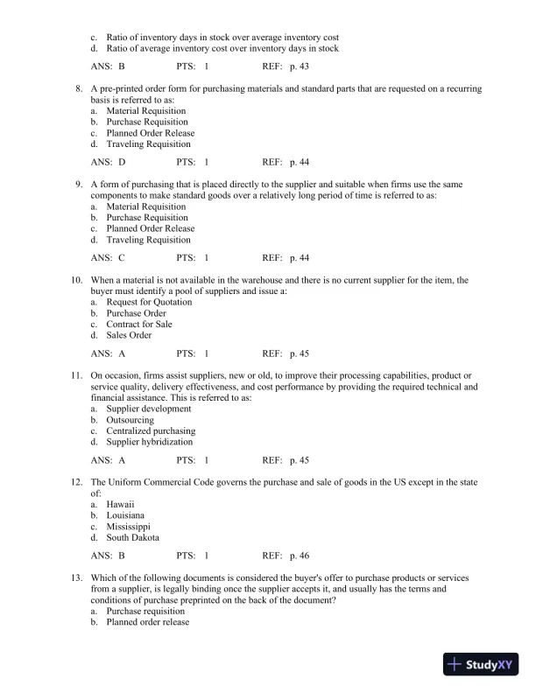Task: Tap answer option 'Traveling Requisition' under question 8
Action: pos(148,144)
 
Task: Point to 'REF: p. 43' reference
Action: pos(286,66)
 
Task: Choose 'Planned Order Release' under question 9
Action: pos(150,228)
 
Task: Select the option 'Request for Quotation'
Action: pos(149,302)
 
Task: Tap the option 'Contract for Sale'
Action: pos(139,324)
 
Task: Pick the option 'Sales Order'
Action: pos(129,335)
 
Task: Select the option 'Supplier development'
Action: pos(148,409)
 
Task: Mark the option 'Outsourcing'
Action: pos(130,420)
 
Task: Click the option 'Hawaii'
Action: pos(120,505)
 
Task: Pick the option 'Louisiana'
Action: pos(126,516)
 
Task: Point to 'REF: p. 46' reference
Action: pos(286,556)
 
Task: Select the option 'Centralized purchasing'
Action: pos(151,430)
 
